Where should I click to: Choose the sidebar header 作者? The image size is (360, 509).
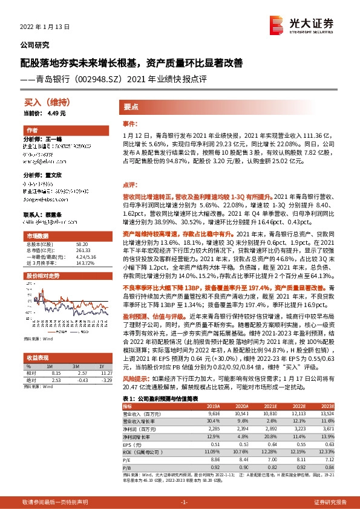[x=31, y=131]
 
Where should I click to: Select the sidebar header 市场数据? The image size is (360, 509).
[x=37, y=235]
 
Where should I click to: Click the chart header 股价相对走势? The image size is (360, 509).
[x=42, y=276]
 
